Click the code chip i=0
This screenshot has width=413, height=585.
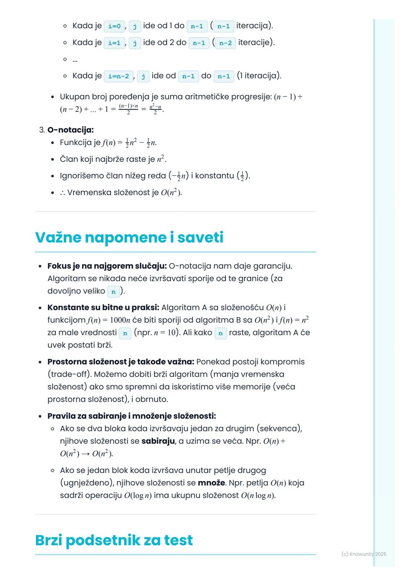pyautogui.click(x=114, y=26)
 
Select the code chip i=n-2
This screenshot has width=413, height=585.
pyautogui.click(x=119, y=76)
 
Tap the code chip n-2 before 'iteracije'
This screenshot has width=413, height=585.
pyautogui.click(x=225, y=43)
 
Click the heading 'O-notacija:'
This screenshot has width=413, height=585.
pyautogui.click(x=70, y=130)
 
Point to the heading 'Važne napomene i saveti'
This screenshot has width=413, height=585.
pyautogui.click(x=129, y=237)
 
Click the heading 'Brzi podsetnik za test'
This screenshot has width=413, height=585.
pyautogui.click(x=114, y=540)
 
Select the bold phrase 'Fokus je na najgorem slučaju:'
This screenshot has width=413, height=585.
pyautogui.click(x=107, y=266)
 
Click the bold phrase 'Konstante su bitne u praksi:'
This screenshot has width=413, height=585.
pyautogui.click(x=103, y=307)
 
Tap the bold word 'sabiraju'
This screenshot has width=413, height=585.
pyautogui.click(x=158, y=441)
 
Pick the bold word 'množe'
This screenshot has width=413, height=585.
pyautogui.click(x=211, y=483)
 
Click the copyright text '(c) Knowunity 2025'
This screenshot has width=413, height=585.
pyautogui.click(x=364, y=554)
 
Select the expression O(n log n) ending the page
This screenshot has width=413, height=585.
pyautogui.click(x=258, y=495)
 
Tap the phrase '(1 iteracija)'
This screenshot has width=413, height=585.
pyautogui.click(x=259, y=76)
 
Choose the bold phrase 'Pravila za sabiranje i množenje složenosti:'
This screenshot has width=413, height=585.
pyautogui.click(x=132, y=416)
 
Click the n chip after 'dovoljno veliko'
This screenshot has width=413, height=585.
pyautogui.click(x=114, y=292)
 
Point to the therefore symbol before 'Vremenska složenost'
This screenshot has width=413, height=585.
pyautogui.click(x=62, y=193)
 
